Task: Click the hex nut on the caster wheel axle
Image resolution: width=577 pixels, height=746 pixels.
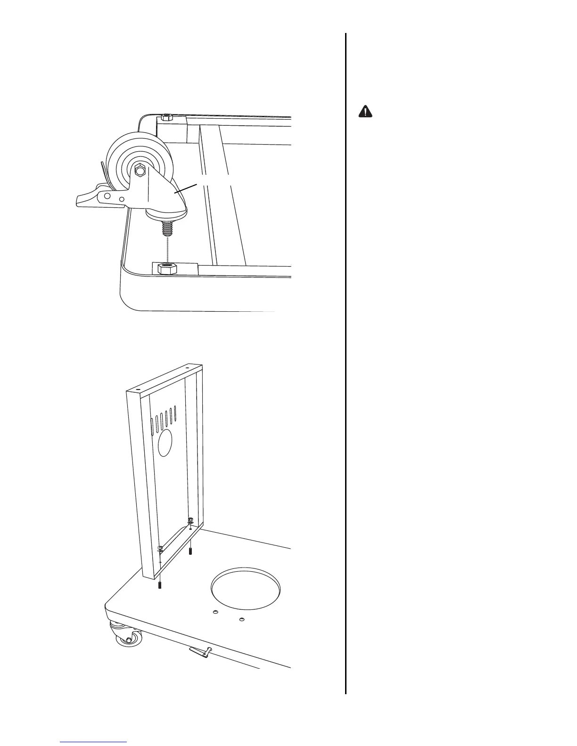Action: point(140,170)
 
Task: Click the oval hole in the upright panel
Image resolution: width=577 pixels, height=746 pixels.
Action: point(165,442)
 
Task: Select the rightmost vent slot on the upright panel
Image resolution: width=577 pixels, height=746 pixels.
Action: point(176,413)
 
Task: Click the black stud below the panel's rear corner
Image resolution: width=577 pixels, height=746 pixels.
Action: point(190,550)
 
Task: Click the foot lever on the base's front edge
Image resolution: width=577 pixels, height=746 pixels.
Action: point(200,652)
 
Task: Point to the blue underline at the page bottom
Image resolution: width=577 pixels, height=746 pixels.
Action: point(94,742)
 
